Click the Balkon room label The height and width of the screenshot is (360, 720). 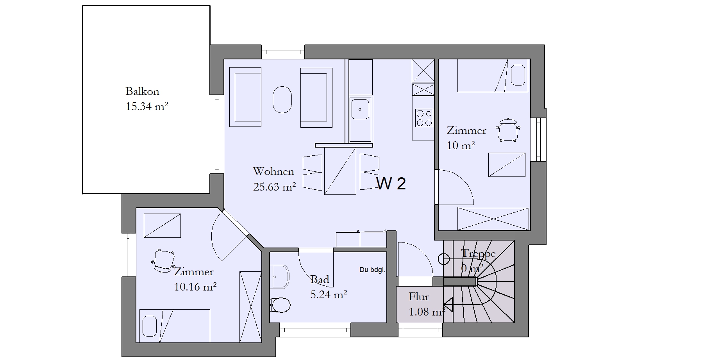(142, 91)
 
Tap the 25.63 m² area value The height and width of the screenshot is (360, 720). (274, 187)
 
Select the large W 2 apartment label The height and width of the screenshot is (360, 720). (391, 184)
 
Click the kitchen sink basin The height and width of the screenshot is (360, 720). (360, 109)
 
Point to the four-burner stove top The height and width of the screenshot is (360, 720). (424, 118)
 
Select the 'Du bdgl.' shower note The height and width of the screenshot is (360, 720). (372, 269)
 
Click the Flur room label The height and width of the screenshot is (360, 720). (419, 297)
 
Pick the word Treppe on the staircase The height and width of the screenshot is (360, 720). (478, 254)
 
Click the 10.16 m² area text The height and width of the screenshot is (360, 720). (195, 287)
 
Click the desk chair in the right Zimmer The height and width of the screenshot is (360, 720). (508, 130)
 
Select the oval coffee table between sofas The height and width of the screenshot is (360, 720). (282, 99)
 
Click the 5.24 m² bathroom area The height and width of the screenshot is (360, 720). (329, 294)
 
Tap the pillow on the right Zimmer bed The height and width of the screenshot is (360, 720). (518, 75)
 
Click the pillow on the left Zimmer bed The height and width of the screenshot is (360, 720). (149, 326)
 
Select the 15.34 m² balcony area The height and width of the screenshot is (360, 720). (147, 107)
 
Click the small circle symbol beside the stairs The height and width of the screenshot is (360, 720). (444, 258)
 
